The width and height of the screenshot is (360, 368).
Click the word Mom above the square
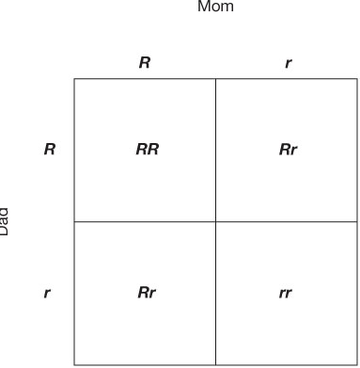coord(216,8)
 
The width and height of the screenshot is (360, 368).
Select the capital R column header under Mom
coord(144,64)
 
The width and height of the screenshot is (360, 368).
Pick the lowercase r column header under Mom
coord(287,64)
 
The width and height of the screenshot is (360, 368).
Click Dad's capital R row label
coord(48,150)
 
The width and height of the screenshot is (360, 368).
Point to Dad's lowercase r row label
coord(47,293)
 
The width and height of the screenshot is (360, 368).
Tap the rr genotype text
coord(286,293)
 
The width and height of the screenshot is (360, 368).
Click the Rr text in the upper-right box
coord(288,150)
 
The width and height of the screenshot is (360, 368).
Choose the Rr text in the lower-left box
coord(146,293)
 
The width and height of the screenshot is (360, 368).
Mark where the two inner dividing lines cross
coord(215,221)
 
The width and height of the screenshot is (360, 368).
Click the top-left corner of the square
coord(74,79)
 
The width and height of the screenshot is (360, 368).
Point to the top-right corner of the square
coord(357,79)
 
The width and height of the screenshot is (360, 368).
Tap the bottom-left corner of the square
coord(74,364)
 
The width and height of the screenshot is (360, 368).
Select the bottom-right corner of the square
coord(357,364)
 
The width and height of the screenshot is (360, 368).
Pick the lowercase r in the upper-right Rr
coord(293,151)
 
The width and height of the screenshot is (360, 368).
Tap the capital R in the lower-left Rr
coord(142,293)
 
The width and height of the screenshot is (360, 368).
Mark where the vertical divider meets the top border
coord(215,79)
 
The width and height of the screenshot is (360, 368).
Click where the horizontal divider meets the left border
coord(74,221)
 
